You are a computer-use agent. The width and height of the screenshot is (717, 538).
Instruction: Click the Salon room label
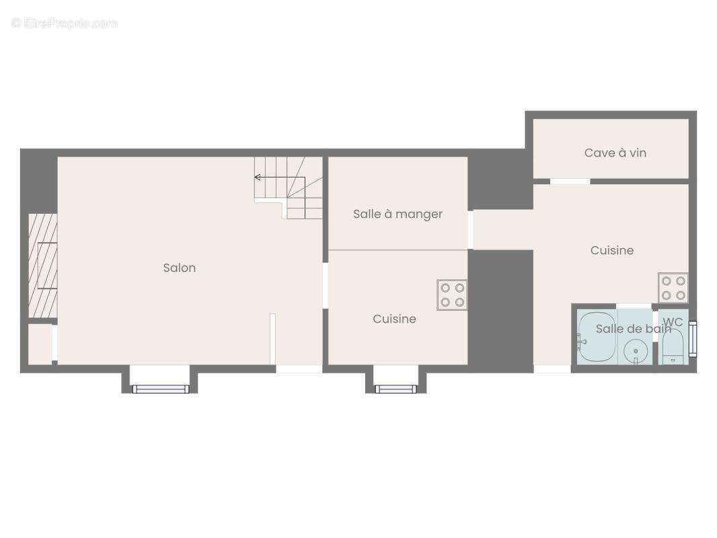pos(180,268)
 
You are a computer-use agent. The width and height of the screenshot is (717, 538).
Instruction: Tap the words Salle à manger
pos(398,214)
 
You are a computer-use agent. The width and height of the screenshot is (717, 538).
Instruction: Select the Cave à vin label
pos(615,153)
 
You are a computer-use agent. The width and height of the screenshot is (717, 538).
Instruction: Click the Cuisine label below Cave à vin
pos(611,250)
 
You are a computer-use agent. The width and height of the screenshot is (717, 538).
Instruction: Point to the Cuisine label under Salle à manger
pos(394,319)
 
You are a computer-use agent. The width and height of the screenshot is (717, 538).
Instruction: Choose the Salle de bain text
pos(633,329)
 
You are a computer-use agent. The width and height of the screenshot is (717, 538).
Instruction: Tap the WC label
pos(673,322)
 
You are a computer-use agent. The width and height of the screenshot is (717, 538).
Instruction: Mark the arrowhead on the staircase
pos(258,178)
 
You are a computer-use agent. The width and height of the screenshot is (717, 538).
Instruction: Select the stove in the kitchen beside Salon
pos(452,295)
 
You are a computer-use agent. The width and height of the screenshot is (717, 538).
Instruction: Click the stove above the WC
pos(673,288)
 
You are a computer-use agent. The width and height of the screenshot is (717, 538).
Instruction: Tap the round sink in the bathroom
pos(636,351)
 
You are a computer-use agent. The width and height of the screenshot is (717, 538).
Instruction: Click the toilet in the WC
pos(672,346)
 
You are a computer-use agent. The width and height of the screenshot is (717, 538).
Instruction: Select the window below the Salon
pos(161,389)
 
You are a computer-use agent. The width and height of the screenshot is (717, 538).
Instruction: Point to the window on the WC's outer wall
pos(693,339)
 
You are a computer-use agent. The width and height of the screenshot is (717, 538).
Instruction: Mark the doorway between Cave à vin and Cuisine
pos(570,182)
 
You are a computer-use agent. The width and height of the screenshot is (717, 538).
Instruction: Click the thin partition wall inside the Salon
pos(272,339)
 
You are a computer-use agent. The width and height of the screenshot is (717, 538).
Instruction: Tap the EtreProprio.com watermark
pos(65,24)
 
